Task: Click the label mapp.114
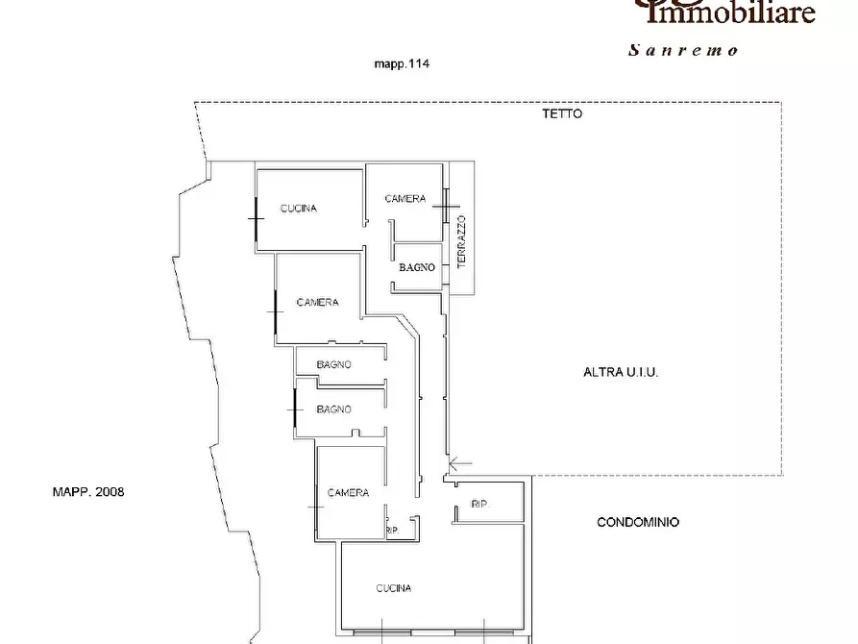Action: coord(402,64)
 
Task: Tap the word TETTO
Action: coord(562,114)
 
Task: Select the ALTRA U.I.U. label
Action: coord(621,372)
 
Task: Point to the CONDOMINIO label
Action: coord(638,523)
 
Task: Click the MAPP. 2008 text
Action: coord(88,492)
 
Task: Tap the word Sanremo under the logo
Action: coord(683,51)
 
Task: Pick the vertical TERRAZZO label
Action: coord(461,241)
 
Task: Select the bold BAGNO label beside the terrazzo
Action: coord(417,268)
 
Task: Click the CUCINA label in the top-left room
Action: coord(298,208)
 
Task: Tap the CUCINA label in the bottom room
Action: coord(393,588)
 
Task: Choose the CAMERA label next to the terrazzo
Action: coord(404,199)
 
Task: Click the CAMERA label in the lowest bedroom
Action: coord(348,493)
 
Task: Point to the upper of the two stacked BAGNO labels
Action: coord(333,364)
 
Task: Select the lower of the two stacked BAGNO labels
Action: coord(333,409)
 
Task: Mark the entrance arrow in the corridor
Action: coord(460,464)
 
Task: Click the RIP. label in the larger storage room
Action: coord(479,504)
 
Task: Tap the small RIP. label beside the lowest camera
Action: coord(392,531)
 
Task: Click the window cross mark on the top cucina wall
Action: coord(257,219)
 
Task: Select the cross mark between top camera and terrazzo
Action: coord(446,207)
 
